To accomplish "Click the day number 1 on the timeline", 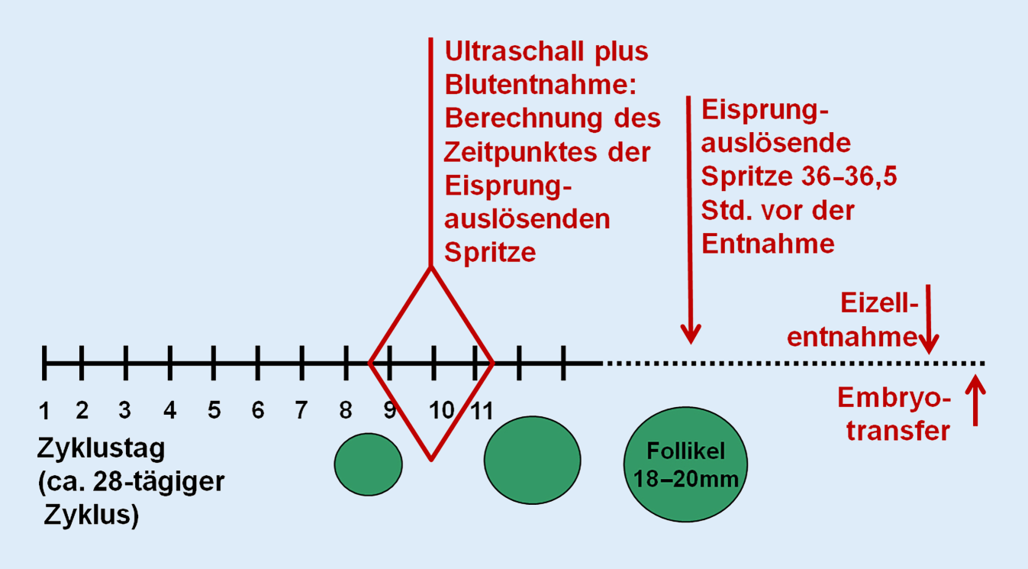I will (x=45, y=411).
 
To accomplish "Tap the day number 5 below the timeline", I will (x=214, y=411).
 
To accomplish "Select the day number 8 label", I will (x=346, y=411).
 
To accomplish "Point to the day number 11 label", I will (x=482, y=411).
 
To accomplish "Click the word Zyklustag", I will (x=101, y=449).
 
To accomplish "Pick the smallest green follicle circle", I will (x=369, y=464).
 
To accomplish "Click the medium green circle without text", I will (x=533, y=460).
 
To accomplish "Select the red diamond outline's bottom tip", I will (x=432, y=458).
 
